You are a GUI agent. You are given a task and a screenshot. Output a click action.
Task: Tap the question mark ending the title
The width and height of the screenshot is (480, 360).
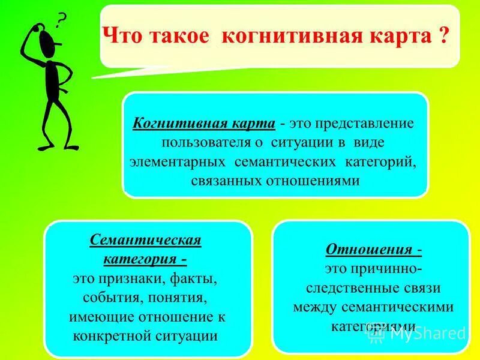440,36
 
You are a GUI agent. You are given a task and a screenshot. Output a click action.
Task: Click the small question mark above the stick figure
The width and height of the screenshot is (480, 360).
60,22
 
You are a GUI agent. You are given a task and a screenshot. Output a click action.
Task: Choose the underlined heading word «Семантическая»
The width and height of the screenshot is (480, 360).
146,241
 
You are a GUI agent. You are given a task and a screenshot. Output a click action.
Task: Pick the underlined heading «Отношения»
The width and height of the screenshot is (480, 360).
369,249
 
